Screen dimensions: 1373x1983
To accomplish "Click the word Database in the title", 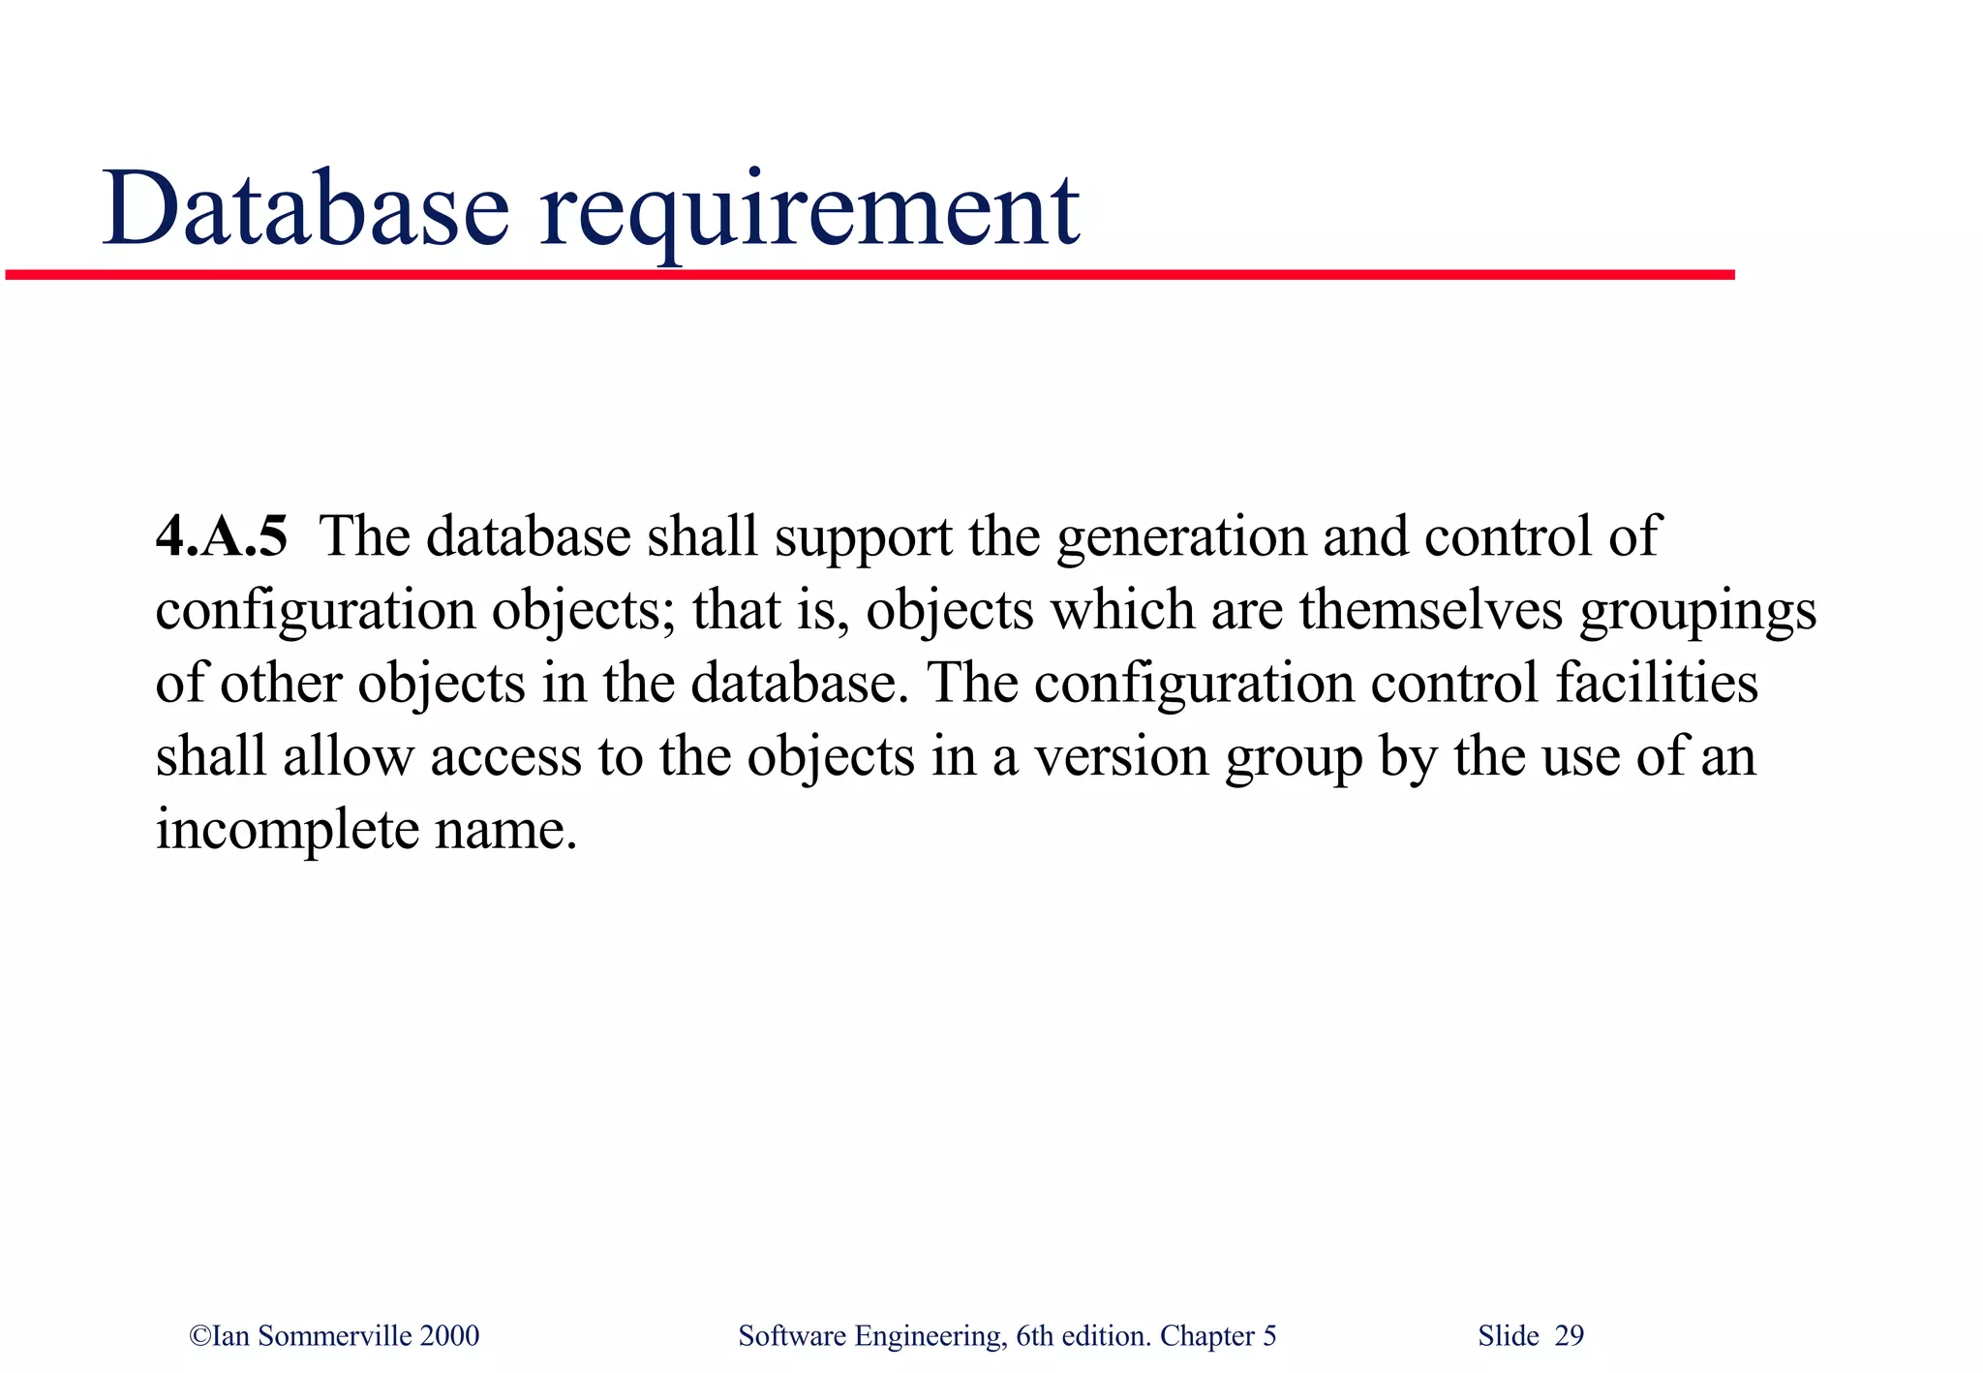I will (x=305, y=209).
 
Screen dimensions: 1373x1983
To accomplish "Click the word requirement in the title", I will (x=809, y=213).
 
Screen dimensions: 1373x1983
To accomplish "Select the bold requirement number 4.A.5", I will (x=222, y=536).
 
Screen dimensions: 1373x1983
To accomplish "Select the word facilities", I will (x=1657, y=683).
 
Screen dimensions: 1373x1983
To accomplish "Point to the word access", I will (x=506, y=756).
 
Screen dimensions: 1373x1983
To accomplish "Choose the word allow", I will (x=348, y=755).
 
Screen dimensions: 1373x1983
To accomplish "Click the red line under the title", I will (x=871, y=275).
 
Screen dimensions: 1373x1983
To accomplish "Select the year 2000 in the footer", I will (x=449, y=1336).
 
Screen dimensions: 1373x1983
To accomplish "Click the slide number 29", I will (x=1569, y=1336).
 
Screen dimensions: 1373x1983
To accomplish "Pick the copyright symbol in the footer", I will (x=199, y=1336).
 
